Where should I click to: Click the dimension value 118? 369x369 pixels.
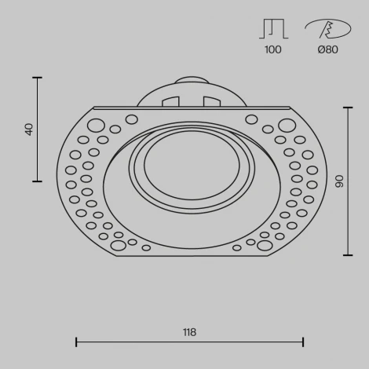coord(189,332)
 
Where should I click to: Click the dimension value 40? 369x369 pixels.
coord(30,130)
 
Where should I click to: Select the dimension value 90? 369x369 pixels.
coord(339,181)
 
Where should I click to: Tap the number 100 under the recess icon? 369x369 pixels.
coord(273,50)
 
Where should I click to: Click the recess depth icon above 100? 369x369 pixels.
coord(272,28)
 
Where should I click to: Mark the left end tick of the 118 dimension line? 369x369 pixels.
coord(76,342)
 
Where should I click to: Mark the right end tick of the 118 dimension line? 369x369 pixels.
coord(303,342)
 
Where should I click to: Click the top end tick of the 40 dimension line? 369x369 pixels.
coord(37,78)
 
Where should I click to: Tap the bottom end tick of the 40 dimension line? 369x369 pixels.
coord(37,181)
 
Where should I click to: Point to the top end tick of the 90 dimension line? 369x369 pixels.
coord(348,107)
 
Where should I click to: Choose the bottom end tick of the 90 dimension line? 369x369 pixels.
coord(348,255)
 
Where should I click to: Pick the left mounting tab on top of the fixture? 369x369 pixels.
coord(170,102)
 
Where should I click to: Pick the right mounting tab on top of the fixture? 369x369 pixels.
coord(210,102)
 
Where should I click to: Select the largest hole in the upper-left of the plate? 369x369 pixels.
coord(96,125)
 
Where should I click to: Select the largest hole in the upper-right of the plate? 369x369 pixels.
coord(287,125)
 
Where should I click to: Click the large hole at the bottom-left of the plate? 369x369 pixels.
coord(118,246)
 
